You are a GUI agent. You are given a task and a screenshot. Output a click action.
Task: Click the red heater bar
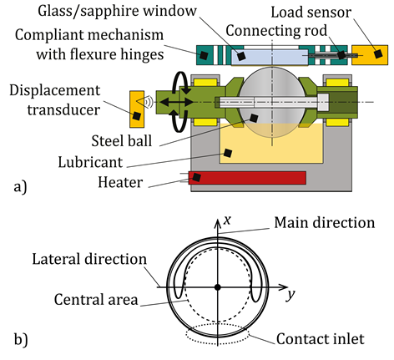pyautogui.click(x=247, y=178)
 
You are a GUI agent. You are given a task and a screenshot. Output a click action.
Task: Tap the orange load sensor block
pyautogui.click(x=370, y=55)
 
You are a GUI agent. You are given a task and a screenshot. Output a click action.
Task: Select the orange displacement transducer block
pyautogui.click(x=137, y=109)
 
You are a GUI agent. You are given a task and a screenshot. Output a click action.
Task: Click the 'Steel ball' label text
pyautogui.click(x=122, y=141)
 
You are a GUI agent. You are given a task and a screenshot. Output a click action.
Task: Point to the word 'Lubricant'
pyautogui.click(x=90, y=162)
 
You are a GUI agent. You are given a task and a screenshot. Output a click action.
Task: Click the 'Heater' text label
pyautogui.click(x=120, y=182)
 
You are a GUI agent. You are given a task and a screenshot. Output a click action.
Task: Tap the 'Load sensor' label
pyautogui.click(x=311, y=13)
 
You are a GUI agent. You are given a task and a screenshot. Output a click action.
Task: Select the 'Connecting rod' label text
pyautogui.click(x=276, y=31)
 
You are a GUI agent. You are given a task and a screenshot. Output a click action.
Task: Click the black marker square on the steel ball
pyautogui.click(x=254, y=118)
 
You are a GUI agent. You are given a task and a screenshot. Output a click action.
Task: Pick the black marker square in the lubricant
pyautogui.click(x=228, y=153)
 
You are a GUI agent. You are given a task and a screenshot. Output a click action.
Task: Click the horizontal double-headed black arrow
pyautogui.click(x=177, y=102)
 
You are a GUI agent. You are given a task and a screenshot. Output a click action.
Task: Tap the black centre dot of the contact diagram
pyautogui.click(x=218, y=287)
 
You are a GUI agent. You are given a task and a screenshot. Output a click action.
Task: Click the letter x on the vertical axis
pyautogui.click(x=227, y=221)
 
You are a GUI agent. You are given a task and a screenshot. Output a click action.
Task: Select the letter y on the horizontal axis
pyautogui.click(x=290, y=295)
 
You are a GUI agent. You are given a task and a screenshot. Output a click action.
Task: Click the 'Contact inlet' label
pyautogui.click(x=321, y=339)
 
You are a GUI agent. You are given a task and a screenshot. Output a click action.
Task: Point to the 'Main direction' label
pyautogui.click(x=325, y=223)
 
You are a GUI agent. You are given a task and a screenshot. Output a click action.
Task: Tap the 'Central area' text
pyautogui.click(x=96, y=300)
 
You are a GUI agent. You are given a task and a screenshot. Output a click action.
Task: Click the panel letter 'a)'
pyautogui.click(x=20, y=186)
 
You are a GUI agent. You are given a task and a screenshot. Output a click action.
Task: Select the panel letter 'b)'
pyautogui.click(x=21, y=340)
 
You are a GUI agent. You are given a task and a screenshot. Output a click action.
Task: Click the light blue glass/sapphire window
pyautogui.click(x=270, y=58)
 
